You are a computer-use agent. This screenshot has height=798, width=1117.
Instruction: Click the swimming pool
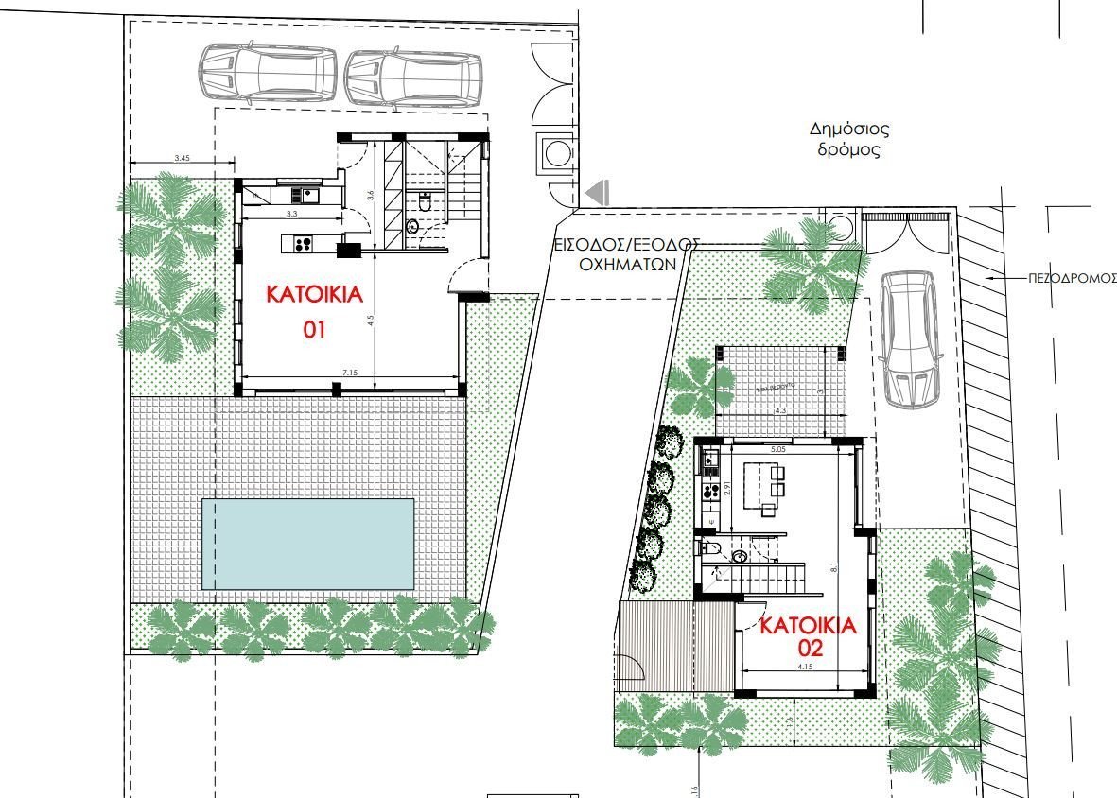308,544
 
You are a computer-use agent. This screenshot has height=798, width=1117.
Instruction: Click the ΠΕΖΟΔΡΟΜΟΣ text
1072,280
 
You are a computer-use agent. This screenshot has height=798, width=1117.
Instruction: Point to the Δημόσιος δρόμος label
849,139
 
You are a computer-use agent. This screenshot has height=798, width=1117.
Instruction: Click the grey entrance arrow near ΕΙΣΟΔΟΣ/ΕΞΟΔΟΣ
596,194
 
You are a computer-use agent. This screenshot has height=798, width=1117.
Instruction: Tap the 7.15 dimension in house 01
350,373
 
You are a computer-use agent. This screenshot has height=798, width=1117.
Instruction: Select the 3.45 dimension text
183,159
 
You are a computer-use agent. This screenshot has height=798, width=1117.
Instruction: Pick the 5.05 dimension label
778,449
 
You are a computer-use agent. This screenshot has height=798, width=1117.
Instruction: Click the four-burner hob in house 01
304,245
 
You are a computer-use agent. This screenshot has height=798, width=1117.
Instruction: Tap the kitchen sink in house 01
308,195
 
